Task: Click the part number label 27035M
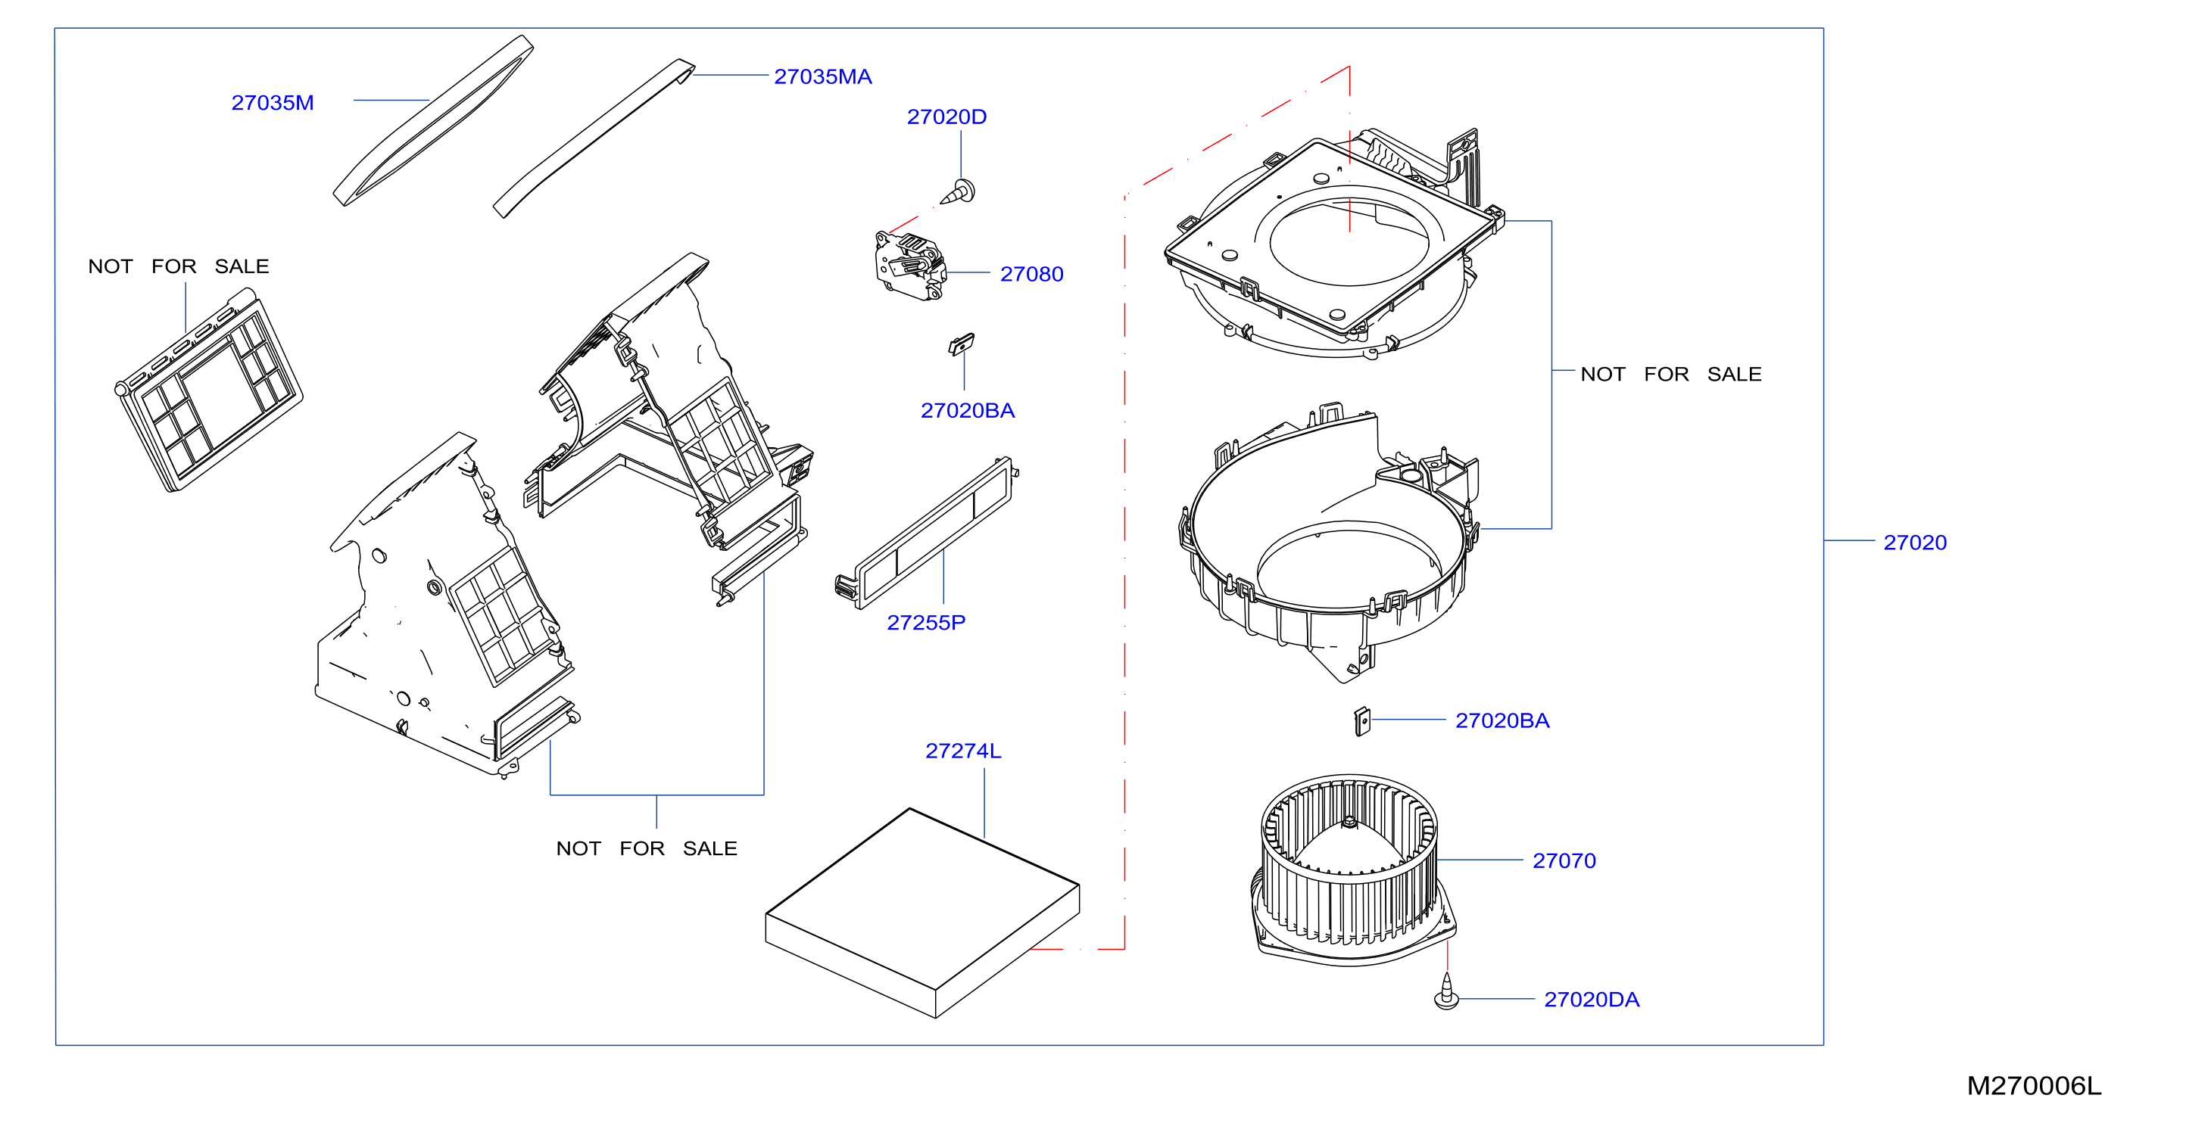(273, 103)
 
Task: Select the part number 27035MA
(822, 76)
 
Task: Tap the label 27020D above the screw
(946, 117)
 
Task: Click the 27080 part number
(1031, 274)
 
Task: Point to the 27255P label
(926, 623)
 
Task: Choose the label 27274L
(963, 751)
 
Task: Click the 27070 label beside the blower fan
(1564, 861)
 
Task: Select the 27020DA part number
(1591, 999)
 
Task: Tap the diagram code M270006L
(2034, 1086)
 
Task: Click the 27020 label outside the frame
(1914, 543)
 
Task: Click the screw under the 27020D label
(958, 192)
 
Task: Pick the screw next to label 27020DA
(1446, 992)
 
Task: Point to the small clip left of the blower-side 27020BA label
(1362, 722)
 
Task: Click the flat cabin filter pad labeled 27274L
(922, 913)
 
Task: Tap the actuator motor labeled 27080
(909, 266)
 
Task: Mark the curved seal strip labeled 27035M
(433, 120)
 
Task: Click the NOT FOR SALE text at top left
(178, 266)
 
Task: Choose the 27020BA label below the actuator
(968, 410)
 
